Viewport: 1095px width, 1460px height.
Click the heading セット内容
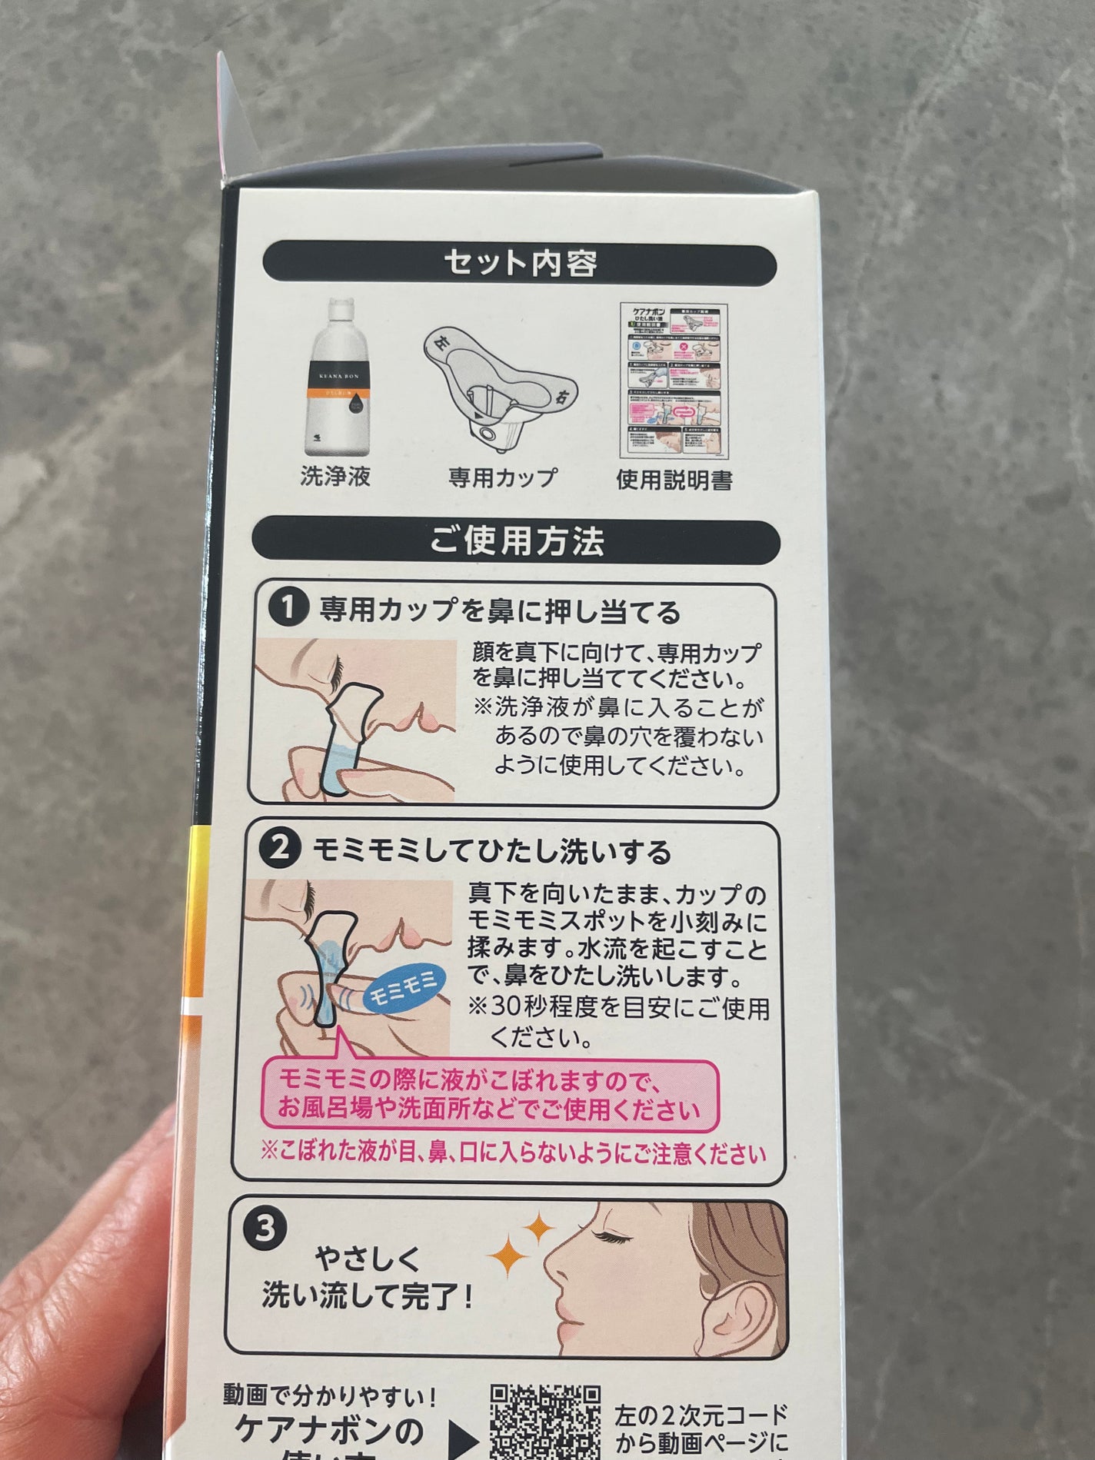tap(520, 263)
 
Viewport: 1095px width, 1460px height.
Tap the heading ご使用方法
tap(517, 540)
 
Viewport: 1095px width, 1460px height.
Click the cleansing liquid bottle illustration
tap(336, 377)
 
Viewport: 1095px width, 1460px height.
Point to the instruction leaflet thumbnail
tap(674, 381)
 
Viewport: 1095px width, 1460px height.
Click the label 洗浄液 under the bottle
tap(335, 477)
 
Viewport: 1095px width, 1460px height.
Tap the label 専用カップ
tap(503, 477)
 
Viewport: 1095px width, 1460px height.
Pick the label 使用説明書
tap(674, 480)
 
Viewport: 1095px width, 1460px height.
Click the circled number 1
tap(287, 610)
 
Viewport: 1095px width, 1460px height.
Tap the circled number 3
tap(264, 1229)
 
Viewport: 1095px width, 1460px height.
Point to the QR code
tap(545, 1422)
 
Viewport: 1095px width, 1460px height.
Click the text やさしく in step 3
tap(368, 1259)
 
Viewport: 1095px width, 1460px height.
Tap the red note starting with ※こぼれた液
tap(513, 1153)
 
